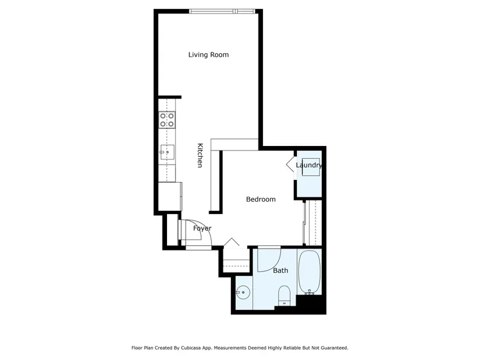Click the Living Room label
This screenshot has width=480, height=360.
208,55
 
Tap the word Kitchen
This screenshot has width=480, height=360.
200,155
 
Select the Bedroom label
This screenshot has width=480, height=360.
261,199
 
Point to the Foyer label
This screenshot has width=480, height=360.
202,229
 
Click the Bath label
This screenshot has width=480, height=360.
280,270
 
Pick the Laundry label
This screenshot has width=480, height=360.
309,165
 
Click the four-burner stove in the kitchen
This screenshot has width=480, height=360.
167,120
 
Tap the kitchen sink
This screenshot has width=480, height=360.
167,152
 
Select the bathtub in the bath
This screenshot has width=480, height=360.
310,272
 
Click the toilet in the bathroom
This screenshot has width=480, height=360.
284,296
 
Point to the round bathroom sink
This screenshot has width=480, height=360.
243,293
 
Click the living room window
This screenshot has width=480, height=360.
222,12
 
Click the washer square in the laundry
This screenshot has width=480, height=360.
310,167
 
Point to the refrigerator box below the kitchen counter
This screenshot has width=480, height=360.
170,197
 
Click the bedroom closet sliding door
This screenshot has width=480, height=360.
304,223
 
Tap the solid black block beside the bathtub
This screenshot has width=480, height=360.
310,304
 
